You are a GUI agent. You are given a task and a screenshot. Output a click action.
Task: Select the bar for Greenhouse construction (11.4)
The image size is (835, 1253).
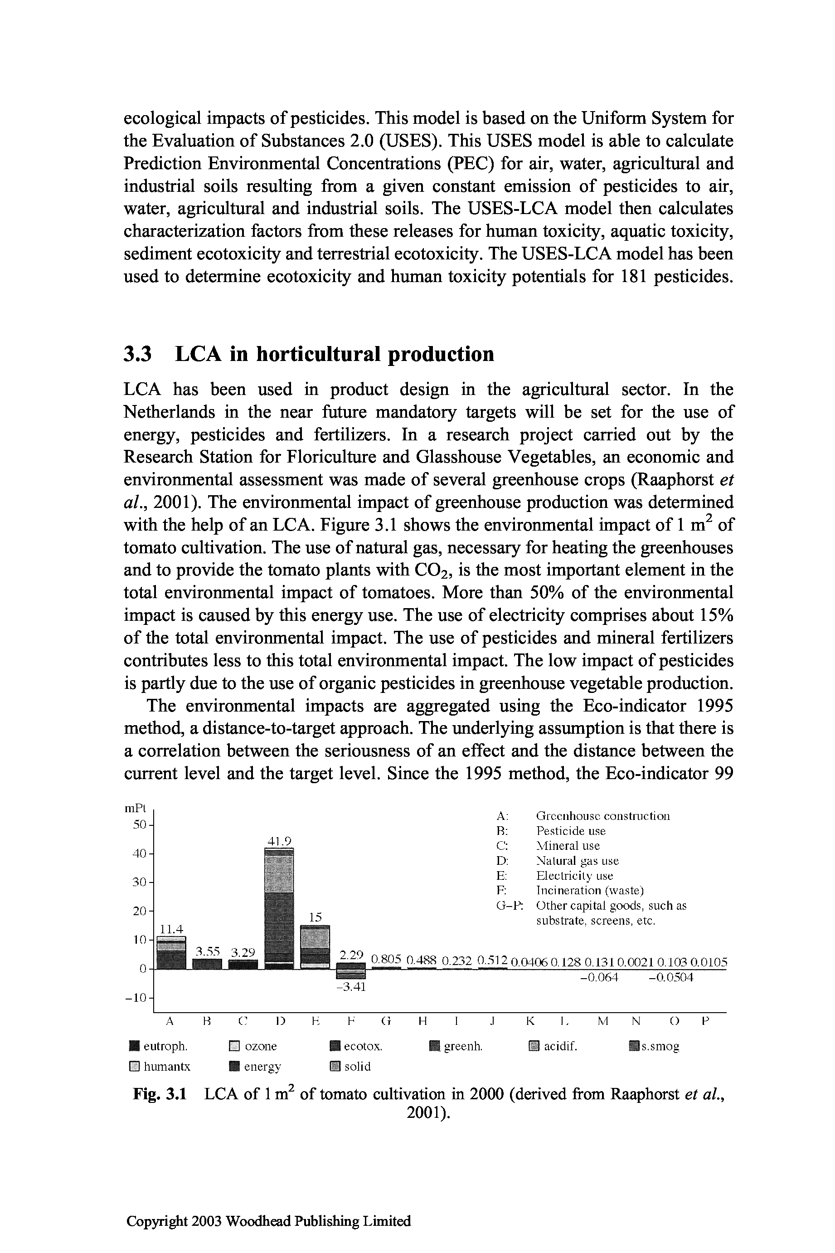[171, 952]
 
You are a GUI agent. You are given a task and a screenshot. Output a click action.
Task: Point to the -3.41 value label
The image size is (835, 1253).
[351, 987]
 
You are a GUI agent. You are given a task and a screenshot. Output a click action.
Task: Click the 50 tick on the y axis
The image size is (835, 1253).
[139, 825]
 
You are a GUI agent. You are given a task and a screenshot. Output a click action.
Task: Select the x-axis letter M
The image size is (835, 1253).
[603, 1021]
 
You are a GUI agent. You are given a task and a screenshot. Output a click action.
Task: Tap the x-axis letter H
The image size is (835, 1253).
[423, 1021]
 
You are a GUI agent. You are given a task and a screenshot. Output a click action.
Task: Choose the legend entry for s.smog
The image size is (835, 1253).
[654, 1046]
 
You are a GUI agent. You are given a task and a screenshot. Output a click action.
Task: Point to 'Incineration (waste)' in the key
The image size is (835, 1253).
[589, 890]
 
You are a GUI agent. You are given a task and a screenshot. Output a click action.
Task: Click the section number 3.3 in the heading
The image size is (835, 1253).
[138, 354]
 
